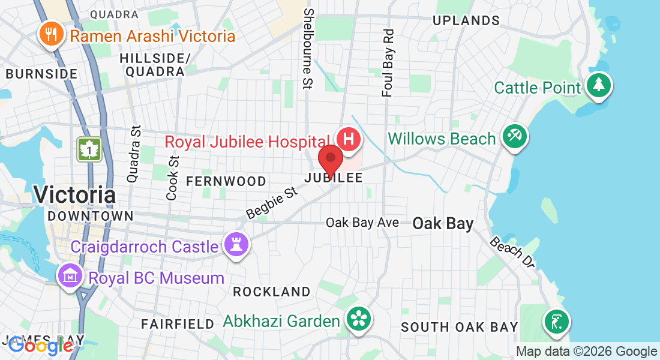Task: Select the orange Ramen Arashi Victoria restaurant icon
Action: pos(52,34)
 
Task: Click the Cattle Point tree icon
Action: pos(598,86)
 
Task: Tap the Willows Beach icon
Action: pos(514,137)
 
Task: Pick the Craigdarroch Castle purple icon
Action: pos(236,245)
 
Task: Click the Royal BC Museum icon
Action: pos(70,277)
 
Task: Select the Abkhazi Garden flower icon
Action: pos(359,319)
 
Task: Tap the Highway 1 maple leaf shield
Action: pos(89,149)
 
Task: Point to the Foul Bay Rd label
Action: pos(388,62)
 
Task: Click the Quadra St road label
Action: pos(133,154)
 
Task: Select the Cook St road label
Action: pos(173,178)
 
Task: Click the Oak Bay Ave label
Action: pos(362,223)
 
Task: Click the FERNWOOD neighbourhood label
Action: pos(226,181)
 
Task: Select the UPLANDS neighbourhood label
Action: pos(466,20)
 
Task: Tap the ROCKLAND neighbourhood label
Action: pos(272,292)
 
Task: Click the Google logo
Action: pos(40,346)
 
